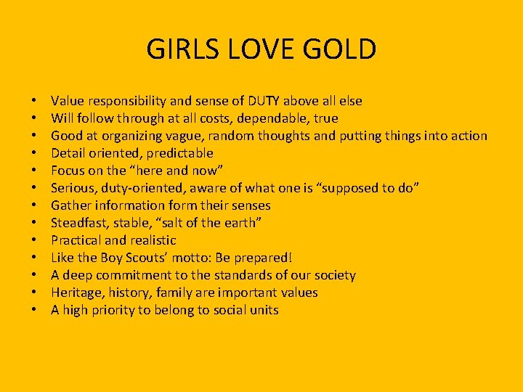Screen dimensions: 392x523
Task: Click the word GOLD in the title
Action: coord(341,49)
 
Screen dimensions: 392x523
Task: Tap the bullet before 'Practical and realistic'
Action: coord(33,241)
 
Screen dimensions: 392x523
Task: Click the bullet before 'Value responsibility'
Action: coord(33,102)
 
